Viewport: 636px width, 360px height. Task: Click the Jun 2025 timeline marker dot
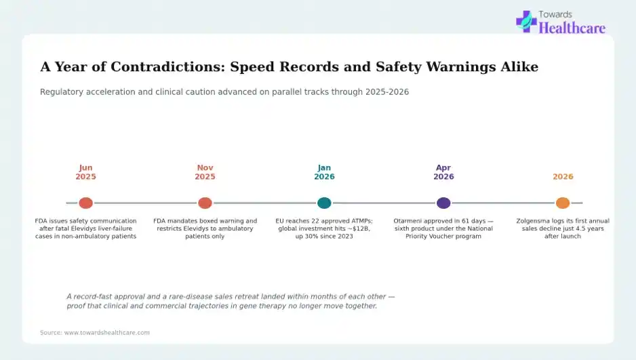pyautogui.click(x=85, y=203)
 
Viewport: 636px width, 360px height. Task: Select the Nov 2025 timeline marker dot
pyautogui.click(x=205, y=203)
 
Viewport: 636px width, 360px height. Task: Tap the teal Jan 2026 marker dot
pyautogui.click(x=324, y=203)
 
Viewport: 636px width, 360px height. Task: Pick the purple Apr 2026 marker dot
pyautogui.click(x=443, y=203)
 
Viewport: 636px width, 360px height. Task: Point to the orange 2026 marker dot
pyautogui.click(x=563, y=203)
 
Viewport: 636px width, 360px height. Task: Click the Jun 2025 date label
pyautogui.click(x=85, y=172)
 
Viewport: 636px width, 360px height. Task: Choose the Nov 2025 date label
pyautogui.click(x=205, y=172)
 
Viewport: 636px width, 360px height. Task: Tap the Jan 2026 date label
pyautogui.click(x=324, y=172)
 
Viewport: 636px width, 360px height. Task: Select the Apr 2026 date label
pyautogui.click(x=443, y=172)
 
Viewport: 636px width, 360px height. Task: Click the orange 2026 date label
pyautogui.click(x=563, y=177)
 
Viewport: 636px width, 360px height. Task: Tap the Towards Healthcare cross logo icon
pyautogui.click(x=526, y=22)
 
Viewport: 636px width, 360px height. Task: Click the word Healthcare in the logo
pyautogui.click(x=572, y=28)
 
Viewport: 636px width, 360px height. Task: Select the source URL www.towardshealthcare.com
pyautogui.click(x=106, y=332)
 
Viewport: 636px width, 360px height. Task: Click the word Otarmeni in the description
pyautogui.click(x=407, y=221)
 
